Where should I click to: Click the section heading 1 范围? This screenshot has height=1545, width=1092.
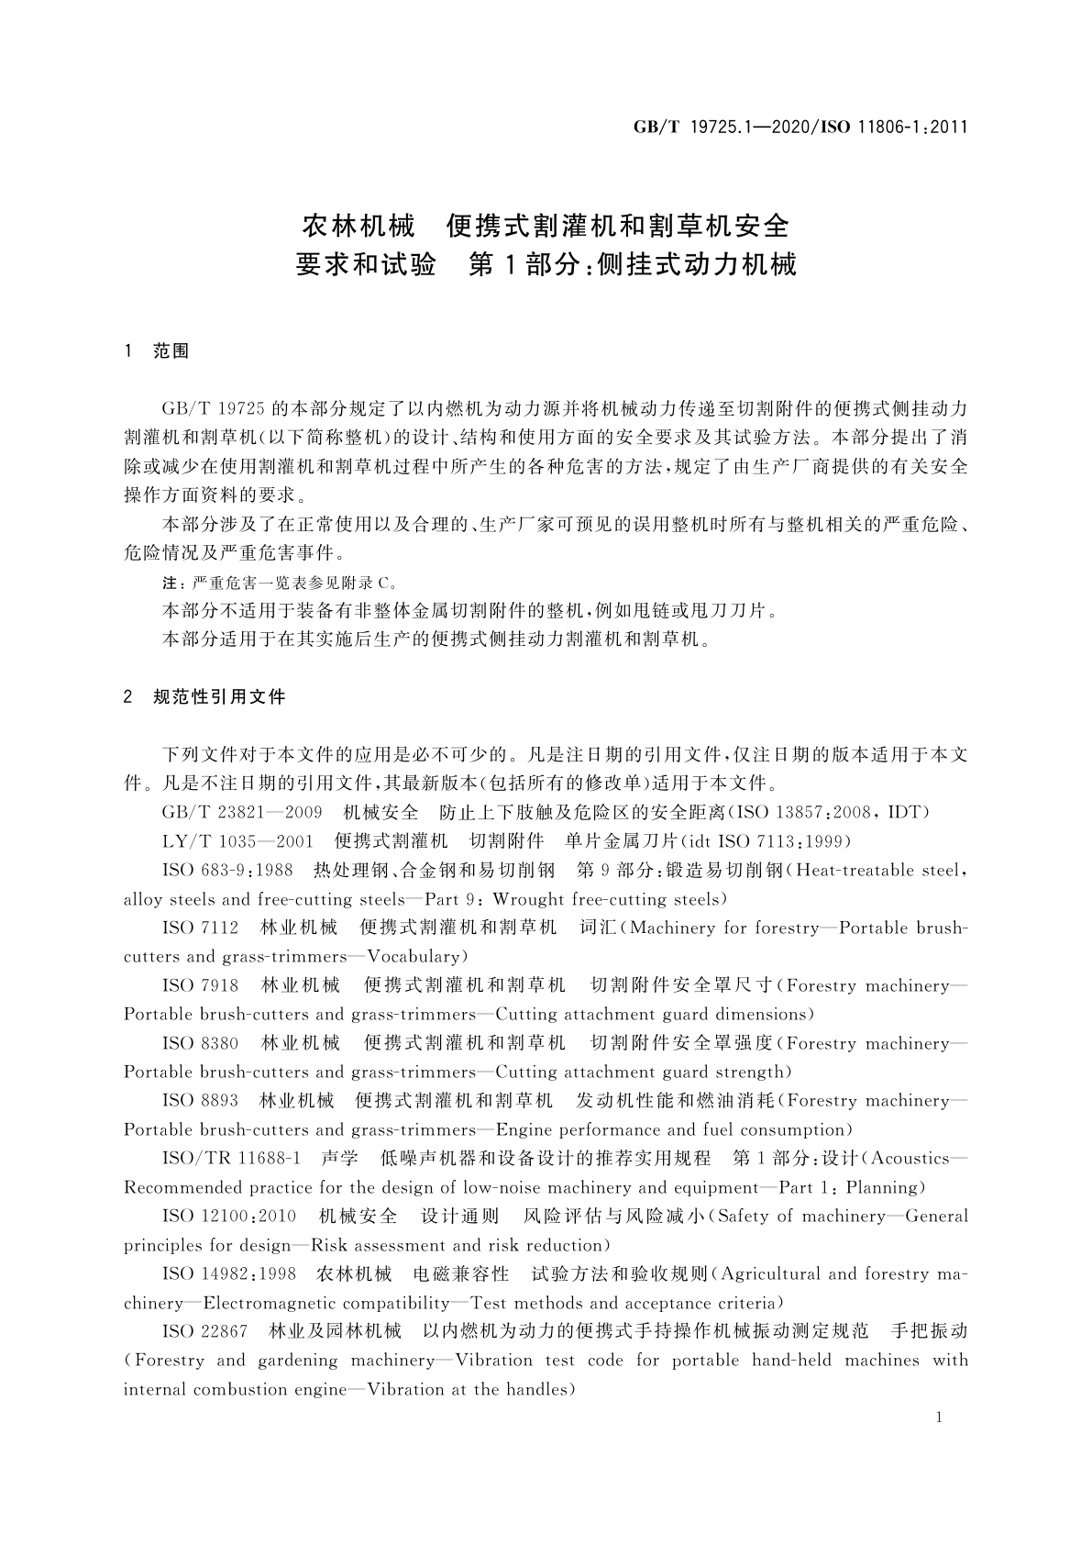pyautogui.click(x=156, y=351)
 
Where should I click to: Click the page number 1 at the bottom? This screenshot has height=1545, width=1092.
pyautogui.click(x=940, y=1417)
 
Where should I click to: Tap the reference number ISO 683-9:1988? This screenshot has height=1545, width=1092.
pyautogui.click(x=227, y=870)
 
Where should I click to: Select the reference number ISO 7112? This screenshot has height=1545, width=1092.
pyautogui.click(x=200, y=928)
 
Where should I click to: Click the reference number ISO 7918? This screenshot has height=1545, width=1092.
pyautogui.click(x=200, y=985)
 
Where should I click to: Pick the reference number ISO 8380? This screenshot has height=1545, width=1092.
pyautogui.click(x=200, y=1043)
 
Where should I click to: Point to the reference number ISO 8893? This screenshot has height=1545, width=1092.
pyautogui.click(x=200, y=1100)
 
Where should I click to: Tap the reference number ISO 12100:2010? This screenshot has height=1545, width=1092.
pyautogui.click(x=229, y=1216)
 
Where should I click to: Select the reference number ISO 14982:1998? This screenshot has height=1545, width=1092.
pyautogui.click(x=229, y=1273)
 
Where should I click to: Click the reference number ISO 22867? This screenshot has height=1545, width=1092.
pyautogui.click(x=204, y=1331)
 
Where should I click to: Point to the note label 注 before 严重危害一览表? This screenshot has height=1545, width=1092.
pyautogui.click(x=169, y=583)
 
